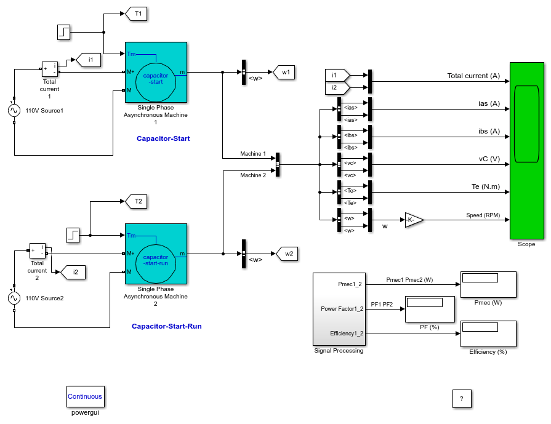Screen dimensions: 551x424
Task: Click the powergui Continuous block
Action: [x=86, y=396]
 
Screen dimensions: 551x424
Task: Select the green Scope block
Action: [x=527, y=151]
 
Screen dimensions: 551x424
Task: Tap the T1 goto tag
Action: [x=136, y=14]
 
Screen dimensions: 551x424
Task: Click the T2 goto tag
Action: [x=136, y=201]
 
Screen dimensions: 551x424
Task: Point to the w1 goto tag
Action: [x=284, y=73]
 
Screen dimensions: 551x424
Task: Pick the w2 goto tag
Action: [x=287, y=254]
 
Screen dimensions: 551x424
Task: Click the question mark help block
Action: [x=462, y=399]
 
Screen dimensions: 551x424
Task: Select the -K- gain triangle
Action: [x=413, y=220]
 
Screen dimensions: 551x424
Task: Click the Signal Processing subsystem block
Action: [x=339, y=309]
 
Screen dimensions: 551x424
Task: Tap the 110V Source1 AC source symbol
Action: [x=14, y=111]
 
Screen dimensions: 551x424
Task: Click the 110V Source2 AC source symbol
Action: [x=14, y=298]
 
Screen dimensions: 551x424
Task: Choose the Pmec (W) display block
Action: [x=488, y=284]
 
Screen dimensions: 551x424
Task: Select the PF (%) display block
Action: [x=430, y=309]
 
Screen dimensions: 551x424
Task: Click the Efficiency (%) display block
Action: [x=488, y=334]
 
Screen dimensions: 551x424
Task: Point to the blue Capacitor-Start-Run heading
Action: [x=167, y=326]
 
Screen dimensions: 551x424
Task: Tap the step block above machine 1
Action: [x=63, y=32]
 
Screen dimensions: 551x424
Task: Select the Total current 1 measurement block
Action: [x=50, y=69]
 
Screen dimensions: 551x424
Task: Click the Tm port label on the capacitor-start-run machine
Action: [x=131, y=235]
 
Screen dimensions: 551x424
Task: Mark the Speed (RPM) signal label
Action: [x=483, y=215]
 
